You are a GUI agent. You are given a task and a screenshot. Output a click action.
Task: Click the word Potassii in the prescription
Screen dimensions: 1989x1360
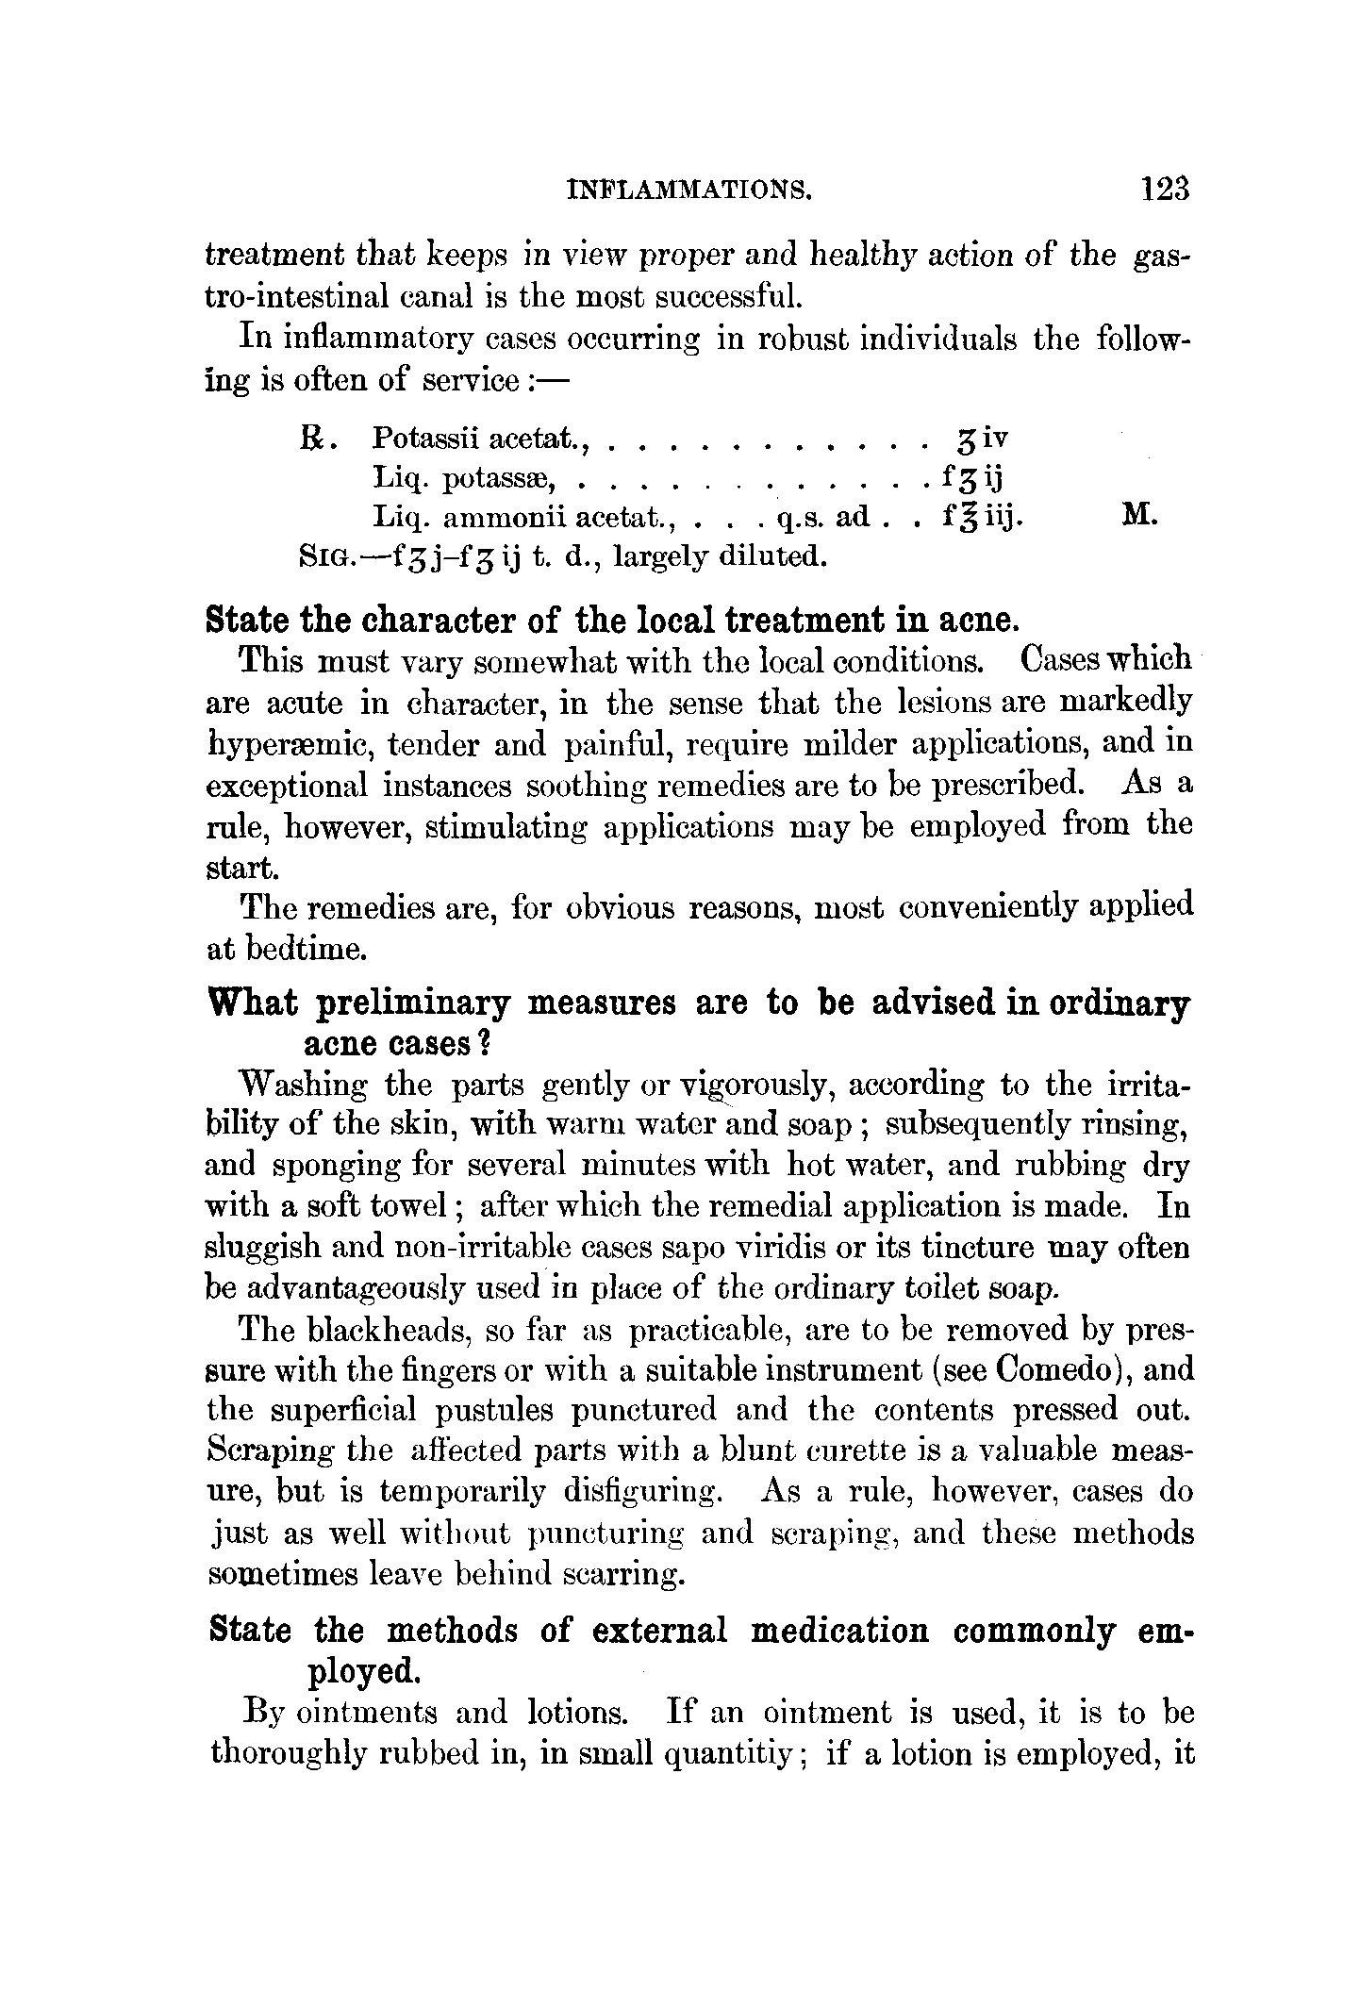(x=416, y=439)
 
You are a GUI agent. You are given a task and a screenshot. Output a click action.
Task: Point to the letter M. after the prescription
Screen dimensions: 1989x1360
(x=1139, y=516)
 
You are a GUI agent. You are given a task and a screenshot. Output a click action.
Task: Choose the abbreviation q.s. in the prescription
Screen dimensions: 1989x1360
(x=800, y=518)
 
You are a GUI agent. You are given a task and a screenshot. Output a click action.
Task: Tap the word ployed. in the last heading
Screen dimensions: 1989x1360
(x=363, y=1672)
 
